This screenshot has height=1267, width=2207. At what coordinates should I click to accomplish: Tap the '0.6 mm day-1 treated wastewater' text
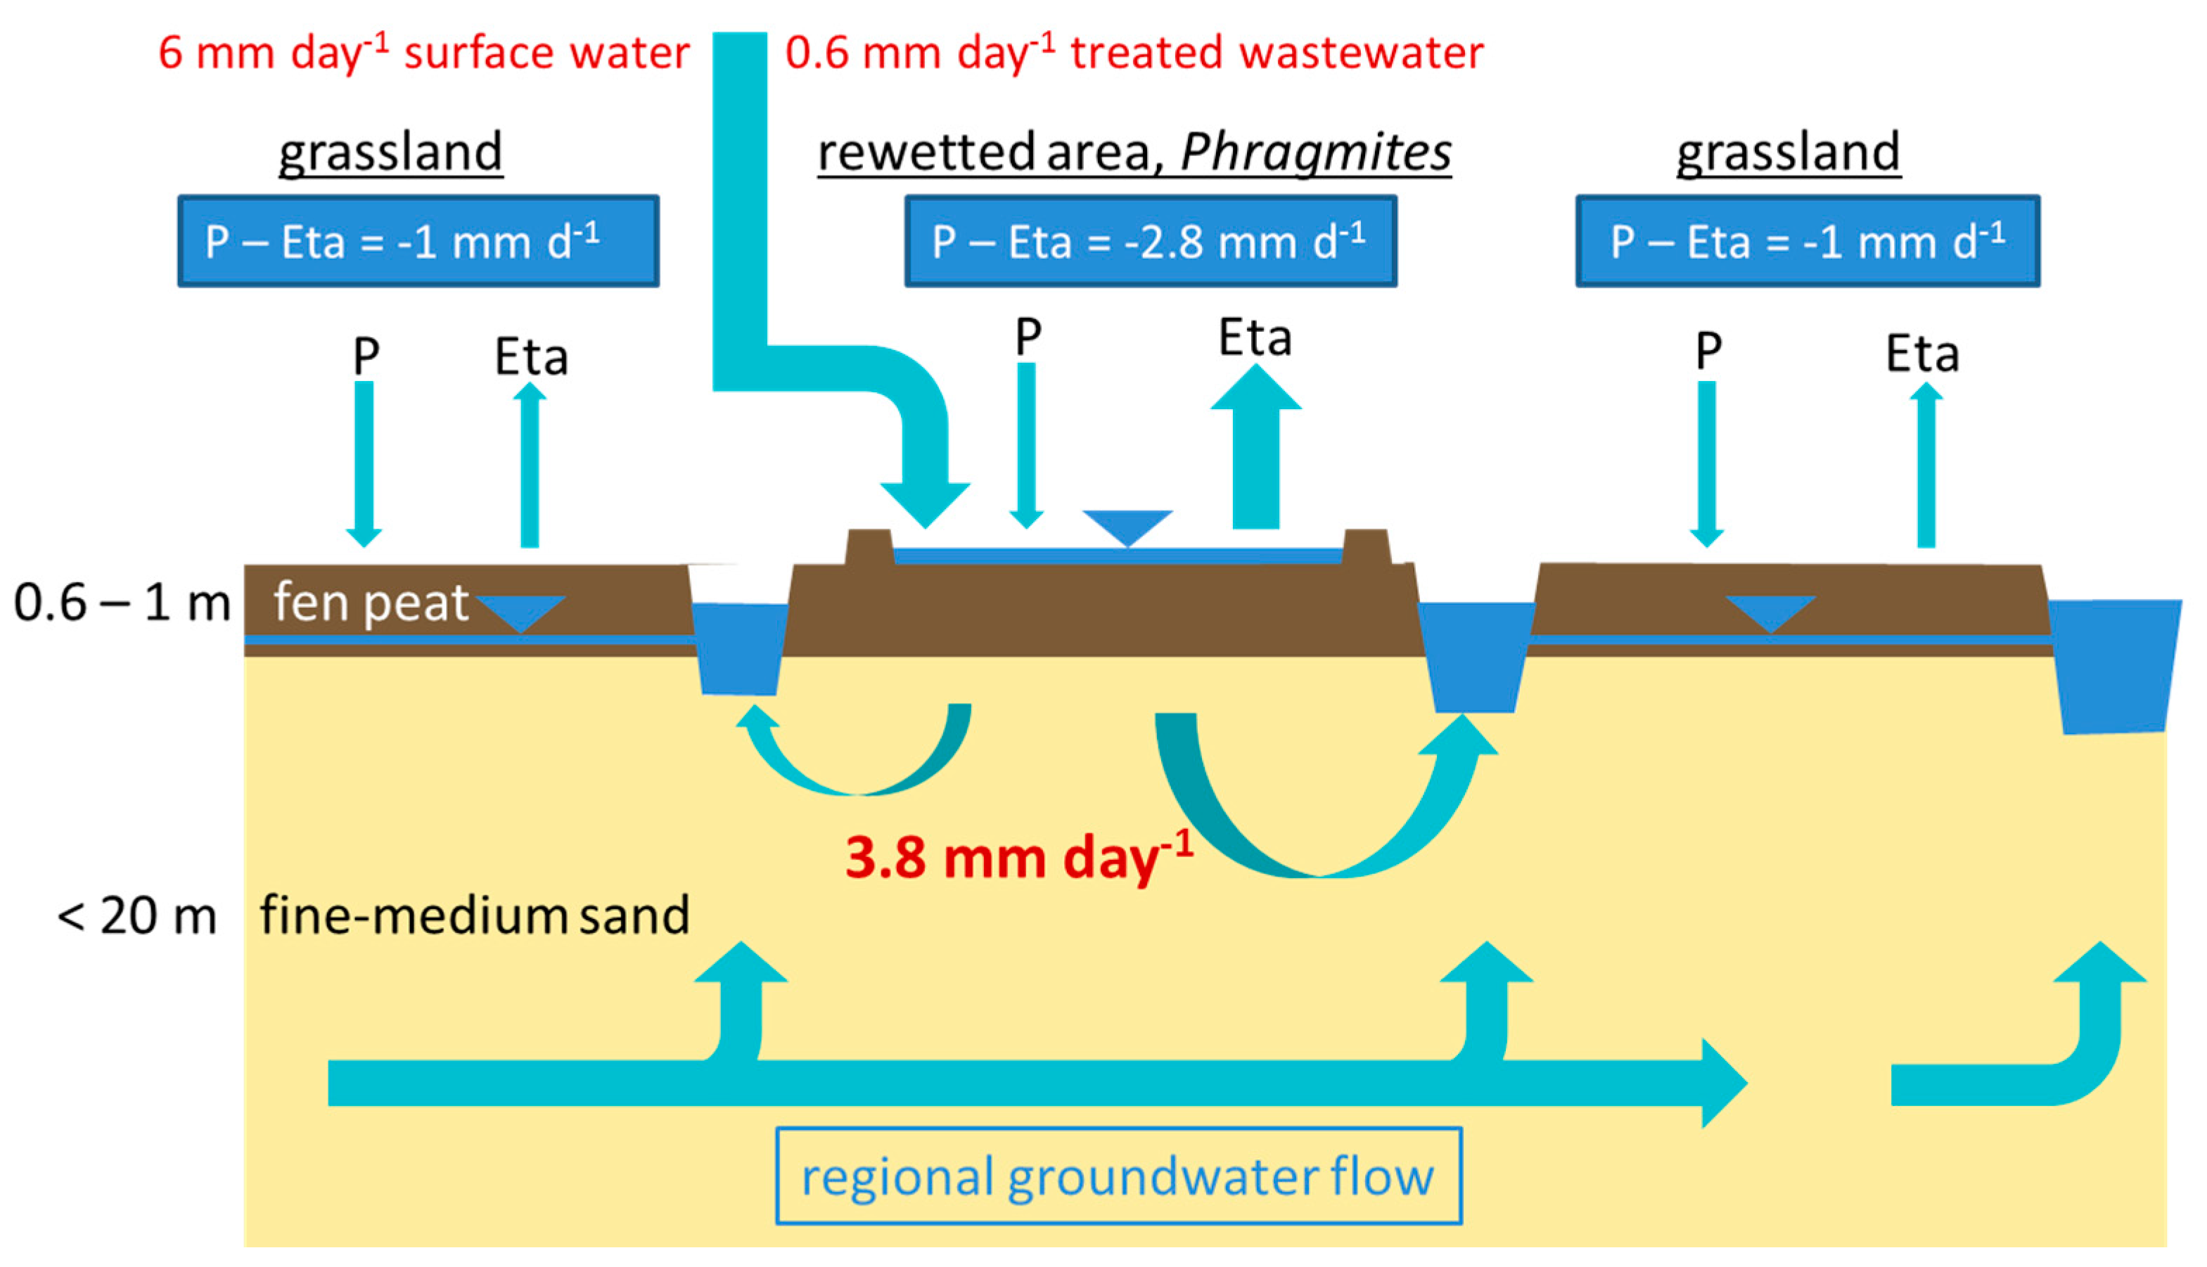pyautogui.click(x=1133, y=52)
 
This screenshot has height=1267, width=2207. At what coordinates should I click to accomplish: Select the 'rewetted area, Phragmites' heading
pyautogui.click(x=1133, y=153)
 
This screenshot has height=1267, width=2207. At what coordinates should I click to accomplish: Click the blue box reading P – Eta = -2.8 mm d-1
pyautogui.click(x=1150, y=241)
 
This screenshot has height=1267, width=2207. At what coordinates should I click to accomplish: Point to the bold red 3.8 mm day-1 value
pyautogui.click(x=1018, y=857)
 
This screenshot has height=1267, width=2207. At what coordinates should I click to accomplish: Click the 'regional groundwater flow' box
pyautogui.click(x=1118, y=1176)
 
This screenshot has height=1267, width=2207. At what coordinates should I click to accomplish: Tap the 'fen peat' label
pyautogui.click(x=371, y=602)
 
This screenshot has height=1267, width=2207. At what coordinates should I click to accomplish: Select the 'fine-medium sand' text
pyautogui.click(x=474, y=915)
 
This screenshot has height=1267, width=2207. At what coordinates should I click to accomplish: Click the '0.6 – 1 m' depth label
pyautogui.click(x=122, y=602)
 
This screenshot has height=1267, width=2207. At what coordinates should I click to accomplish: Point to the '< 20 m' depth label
pyautogui.click(x=136, y=915)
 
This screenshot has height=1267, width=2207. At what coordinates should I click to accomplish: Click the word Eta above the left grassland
pyautogui.click(x=531, y=356)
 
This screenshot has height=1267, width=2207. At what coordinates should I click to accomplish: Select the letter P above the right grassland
pyautogui.click(x=1708, y=351)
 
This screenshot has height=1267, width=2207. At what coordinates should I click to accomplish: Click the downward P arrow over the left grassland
pyautogui.click(x=364, y=461)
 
